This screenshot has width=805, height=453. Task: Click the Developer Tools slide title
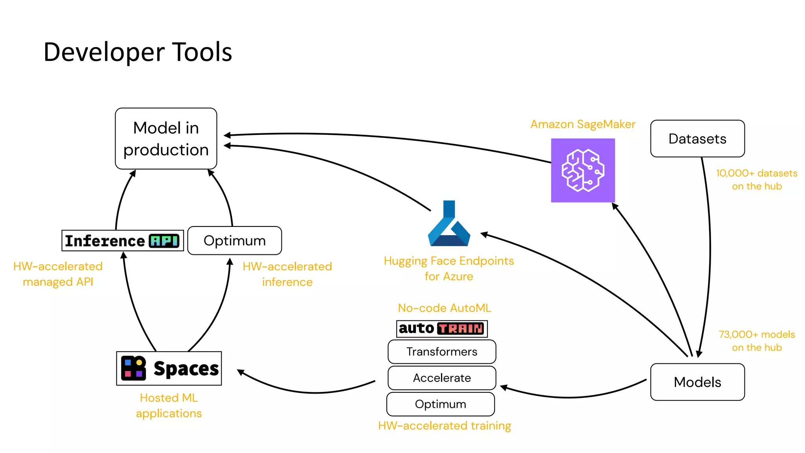pos(138,52)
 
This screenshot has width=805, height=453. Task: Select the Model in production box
pos(166,138)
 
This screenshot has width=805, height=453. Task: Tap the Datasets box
pos(697,139)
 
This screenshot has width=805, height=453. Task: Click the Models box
pos(697,382)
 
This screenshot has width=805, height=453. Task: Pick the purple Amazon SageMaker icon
pos(583,170)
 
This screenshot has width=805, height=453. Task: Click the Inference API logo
pos(123,241)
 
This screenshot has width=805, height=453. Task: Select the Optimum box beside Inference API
pos(235,241)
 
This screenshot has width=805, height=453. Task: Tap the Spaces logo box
pos(169,368)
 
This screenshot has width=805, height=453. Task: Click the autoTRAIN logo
pos(442,328)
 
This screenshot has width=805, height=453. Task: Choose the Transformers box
pos(442,352)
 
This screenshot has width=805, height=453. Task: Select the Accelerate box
pos(442,378)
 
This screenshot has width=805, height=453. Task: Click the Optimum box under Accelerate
pos(441,404)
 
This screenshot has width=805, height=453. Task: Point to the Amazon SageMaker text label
pos(583,124)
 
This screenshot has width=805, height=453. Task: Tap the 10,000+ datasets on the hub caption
pos(757,180)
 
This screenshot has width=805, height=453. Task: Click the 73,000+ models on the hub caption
pos(757,341)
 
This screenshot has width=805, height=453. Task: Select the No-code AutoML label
pos(445,308)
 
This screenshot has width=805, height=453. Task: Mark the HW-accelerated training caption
pos(445,426)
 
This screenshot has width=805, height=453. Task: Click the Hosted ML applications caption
pos(169,405)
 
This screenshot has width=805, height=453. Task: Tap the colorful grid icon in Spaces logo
pos(133,368)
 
